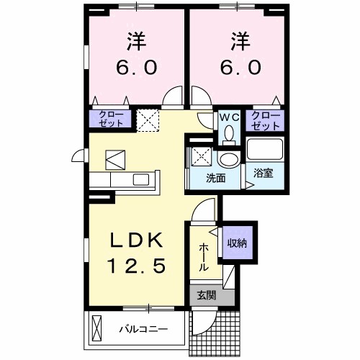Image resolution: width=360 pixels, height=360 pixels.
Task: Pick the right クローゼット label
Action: click(x=266, y=121)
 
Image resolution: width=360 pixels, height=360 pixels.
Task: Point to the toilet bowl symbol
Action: click(x=229, y=134)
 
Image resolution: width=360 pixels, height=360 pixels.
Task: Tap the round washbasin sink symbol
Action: click(x=229, y=159)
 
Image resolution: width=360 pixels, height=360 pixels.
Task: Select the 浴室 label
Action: click(x=264, y=173)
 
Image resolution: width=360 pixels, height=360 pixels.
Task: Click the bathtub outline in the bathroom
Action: click(x=265, y=149)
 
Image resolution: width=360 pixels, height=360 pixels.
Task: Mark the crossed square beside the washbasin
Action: click(x=199, y=156)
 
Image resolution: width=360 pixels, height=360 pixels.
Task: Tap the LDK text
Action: click(x=136, y=240)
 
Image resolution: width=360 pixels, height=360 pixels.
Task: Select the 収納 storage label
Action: click(x=237, y=243)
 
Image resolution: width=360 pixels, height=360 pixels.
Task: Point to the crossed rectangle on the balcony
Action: click(x=97, y=329)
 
